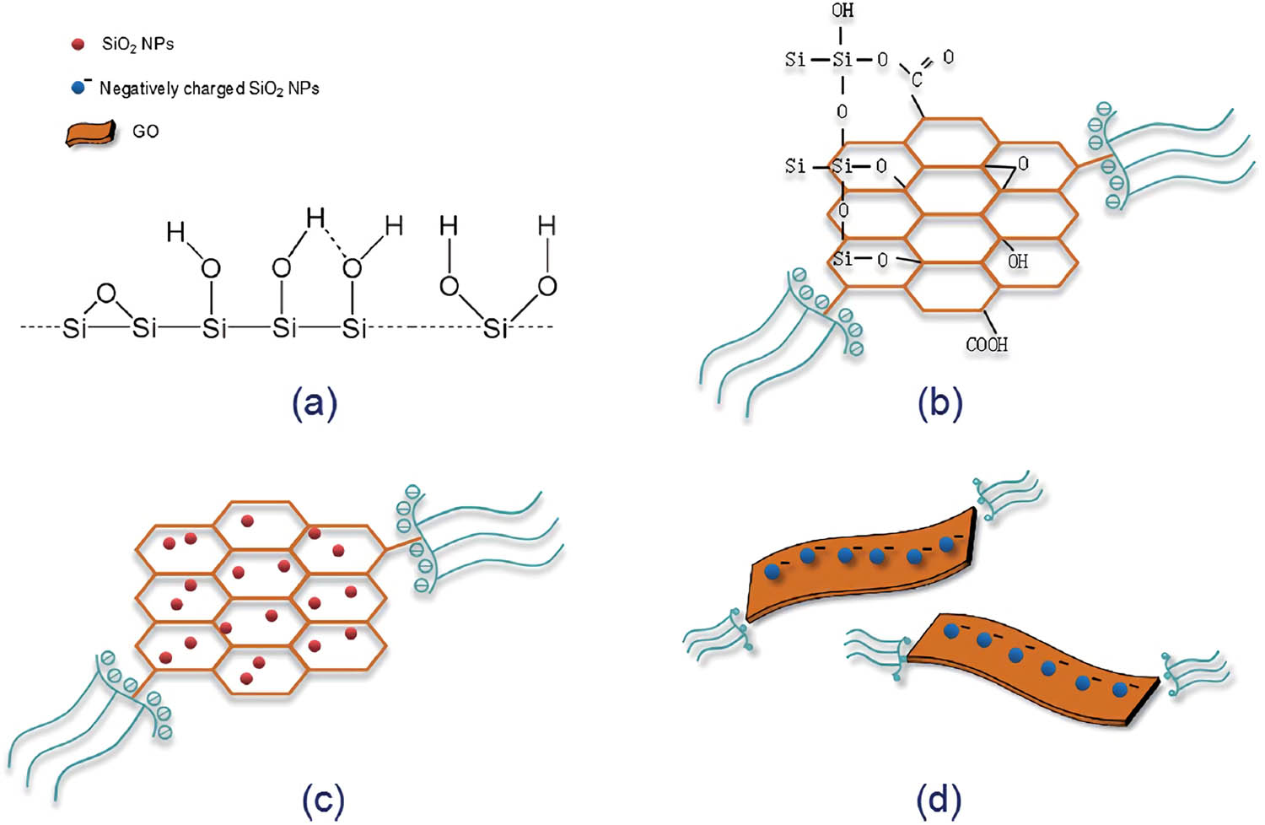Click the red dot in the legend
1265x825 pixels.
coord(78,44)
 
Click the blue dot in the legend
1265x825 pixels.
coord(78,89)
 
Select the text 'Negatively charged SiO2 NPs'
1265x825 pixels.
coord(209,89)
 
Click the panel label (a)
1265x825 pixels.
coord(315,405)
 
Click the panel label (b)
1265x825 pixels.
coord(939,405)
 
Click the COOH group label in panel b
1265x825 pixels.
coord(987,344)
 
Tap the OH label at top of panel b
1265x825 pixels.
coord(842,11)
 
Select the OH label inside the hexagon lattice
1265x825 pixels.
coord(1018,261)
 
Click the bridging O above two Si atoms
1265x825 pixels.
coord(106,293)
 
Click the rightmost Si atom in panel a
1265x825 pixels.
coord(495,328)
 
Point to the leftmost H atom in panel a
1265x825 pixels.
coord(175,232)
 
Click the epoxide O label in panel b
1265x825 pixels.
coord(1023,164)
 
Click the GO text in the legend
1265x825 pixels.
coord(146,132)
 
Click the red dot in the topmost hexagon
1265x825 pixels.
coord(247,521)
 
